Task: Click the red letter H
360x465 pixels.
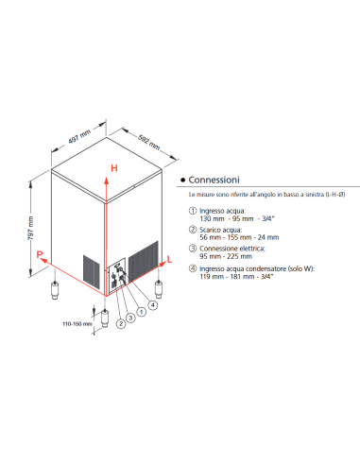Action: (x=114, y=168)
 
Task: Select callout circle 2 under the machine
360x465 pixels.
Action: (x=121, y=325)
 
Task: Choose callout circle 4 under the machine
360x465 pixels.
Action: (x=152, y=304)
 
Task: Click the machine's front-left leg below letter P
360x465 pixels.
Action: (x=54, y=284)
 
